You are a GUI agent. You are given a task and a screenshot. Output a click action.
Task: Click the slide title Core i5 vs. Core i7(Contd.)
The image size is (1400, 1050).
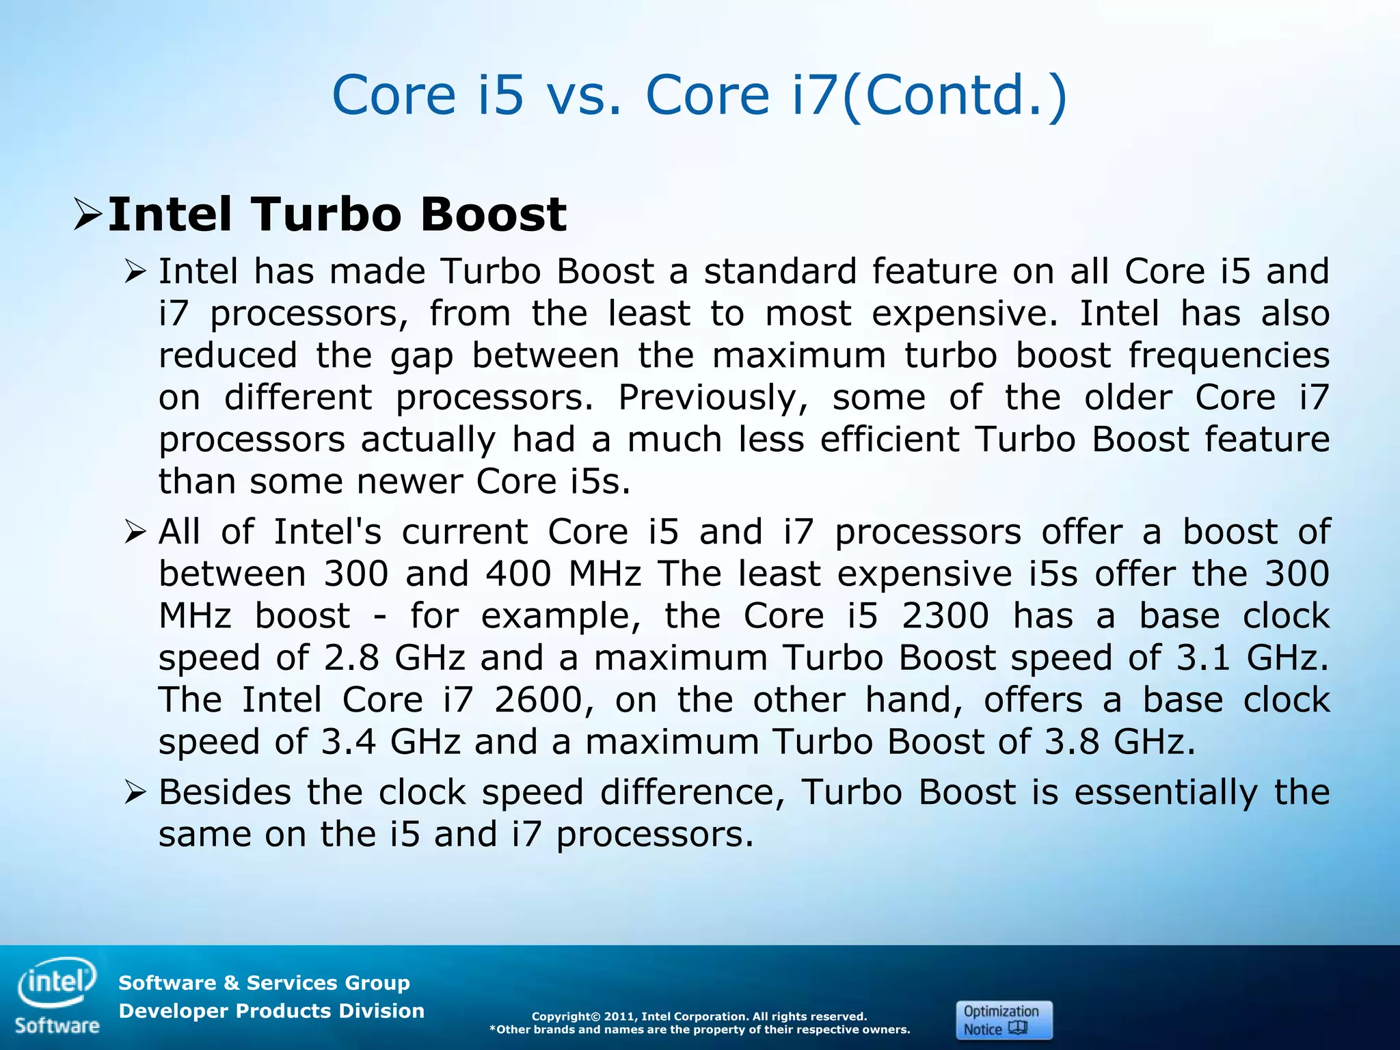point(699,95)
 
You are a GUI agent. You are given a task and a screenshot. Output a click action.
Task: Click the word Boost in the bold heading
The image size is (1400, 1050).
point(493,215)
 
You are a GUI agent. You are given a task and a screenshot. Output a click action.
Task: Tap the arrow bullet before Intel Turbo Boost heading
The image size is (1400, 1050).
point(88,215)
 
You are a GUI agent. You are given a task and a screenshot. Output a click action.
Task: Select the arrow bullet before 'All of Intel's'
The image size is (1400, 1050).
point(136,532)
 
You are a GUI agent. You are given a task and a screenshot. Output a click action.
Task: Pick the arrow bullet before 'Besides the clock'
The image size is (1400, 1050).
point(136,793)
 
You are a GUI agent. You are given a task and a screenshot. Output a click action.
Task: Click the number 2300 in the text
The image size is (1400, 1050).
point(945,616)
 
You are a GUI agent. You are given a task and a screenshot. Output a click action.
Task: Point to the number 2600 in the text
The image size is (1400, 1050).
point(538,700)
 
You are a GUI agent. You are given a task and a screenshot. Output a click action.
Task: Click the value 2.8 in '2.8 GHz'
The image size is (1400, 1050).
point(351,658)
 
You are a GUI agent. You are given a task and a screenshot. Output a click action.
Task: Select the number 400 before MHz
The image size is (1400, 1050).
point(518,574)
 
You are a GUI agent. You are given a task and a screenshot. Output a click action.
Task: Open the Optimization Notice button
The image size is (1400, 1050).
point(1004,1020)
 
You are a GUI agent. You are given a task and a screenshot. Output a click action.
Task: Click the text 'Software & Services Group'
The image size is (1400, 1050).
point(264,983)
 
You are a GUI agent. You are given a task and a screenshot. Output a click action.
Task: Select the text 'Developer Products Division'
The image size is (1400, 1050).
point(271,1011)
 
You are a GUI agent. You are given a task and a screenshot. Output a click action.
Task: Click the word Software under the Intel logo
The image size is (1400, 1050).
point(57,1026)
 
